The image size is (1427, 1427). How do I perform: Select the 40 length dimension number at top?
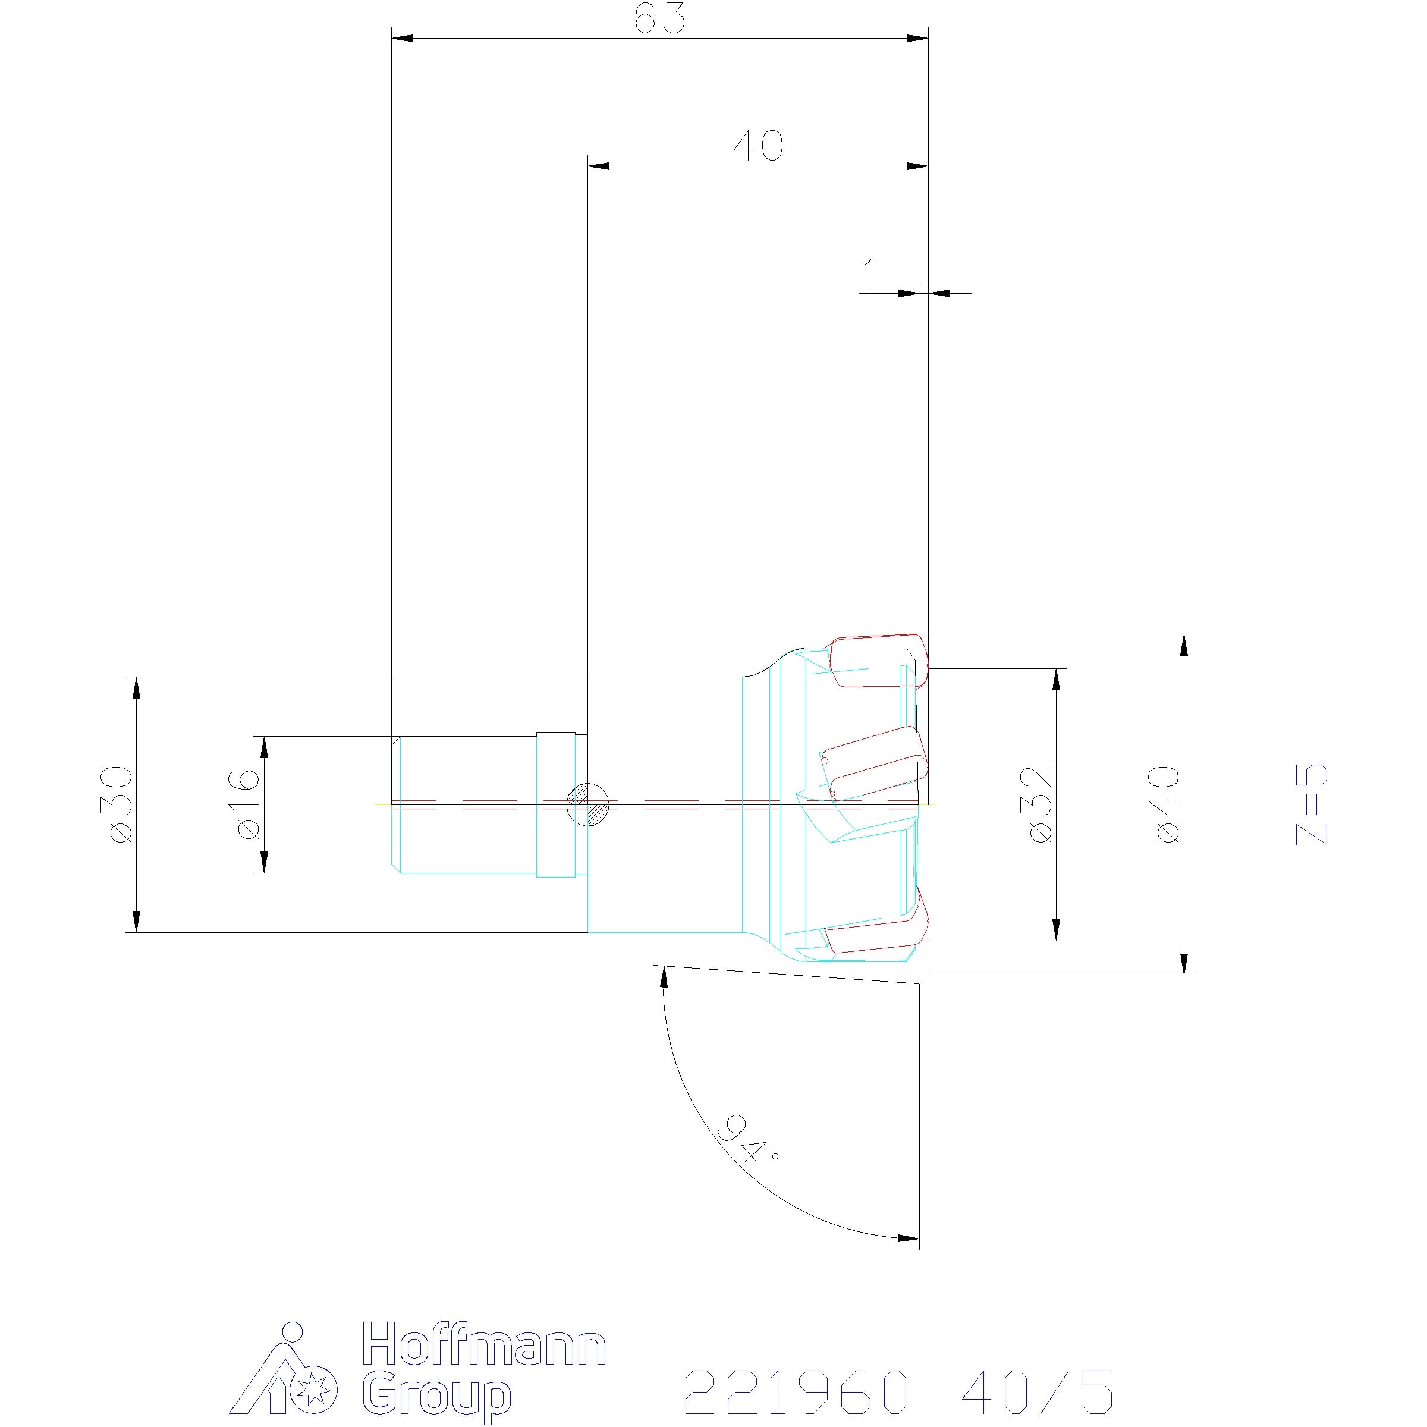coord(759,146)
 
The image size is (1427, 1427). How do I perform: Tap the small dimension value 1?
coord(872,274)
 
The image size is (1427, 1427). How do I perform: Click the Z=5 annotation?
coord(1312,804)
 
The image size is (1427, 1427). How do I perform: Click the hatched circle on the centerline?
coord(587,804)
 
